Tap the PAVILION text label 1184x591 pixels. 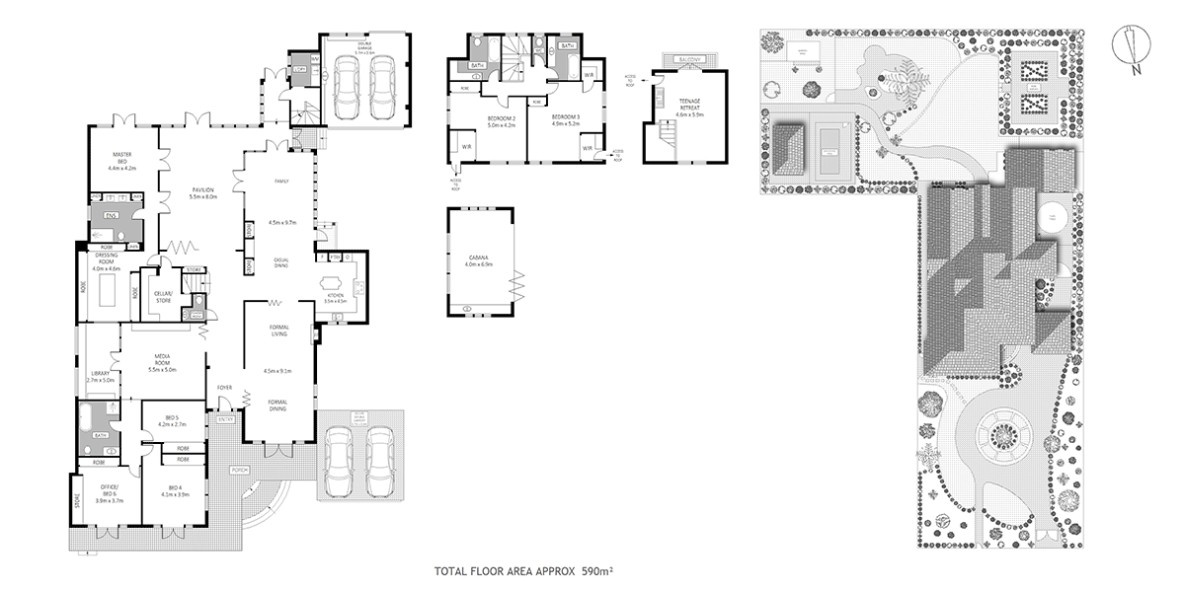coord(203,190)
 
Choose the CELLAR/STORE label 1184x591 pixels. coord(163,297)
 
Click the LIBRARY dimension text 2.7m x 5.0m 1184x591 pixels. coord(101,379)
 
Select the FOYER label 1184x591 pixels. coord(225,387)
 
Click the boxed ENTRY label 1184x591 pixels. coord(226,420)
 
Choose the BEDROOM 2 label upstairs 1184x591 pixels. coord(502,119)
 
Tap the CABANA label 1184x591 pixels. coord(480,259)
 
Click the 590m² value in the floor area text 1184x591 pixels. coord(598,571)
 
